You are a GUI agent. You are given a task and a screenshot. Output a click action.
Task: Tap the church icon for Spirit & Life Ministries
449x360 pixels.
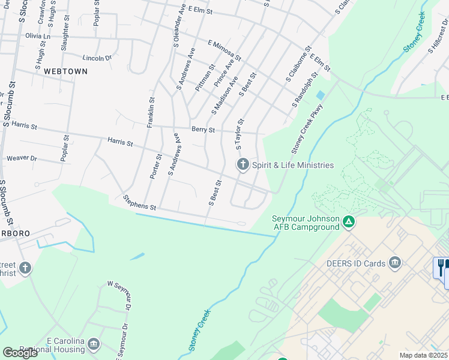click(x=243, y=164)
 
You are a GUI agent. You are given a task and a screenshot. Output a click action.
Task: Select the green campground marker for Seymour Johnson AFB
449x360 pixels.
click(x=348, y=223)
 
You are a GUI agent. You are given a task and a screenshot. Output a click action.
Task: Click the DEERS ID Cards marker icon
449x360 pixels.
click(x=395, y=262)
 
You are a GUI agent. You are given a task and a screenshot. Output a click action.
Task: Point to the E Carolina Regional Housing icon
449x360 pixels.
click(x=93, y=344)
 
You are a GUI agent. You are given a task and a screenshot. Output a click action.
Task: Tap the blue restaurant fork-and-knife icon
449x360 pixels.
click(x=442, y=267)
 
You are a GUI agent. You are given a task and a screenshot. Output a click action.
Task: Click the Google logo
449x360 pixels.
click(x=20, y=353)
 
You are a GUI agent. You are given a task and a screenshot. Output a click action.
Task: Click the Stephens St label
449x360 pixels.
click(x=139, y=202)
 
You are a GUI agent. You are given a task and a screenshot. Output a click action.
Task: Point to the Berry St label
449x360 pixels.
click(x=203, y=130)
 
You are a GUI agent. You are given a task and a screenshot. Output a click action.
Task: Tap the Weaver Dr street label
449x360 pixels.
click(x=22, y=158)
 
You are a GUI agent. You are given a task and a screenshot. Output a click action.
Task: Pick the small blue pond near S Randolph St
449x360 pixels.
click(x=320, y=95)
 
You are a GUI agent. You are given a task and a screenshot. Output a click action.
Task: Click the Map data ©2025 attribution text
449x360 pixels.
click(x=424, y=355)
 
